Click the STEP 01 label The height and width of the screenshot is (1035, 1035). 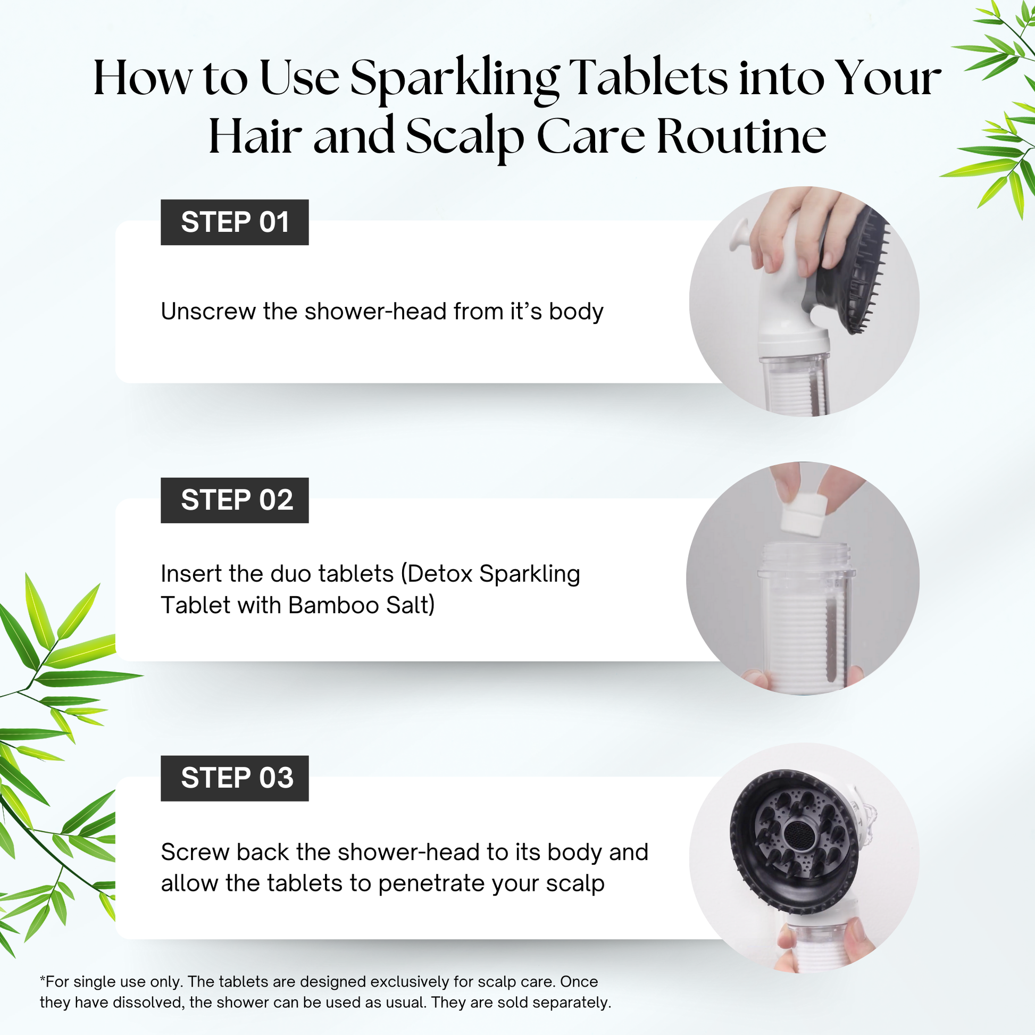point(235,222)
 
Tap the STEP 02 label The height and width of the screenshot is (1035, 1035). point(235,500)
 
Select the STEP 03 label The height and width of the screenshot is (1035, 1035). point(235,779)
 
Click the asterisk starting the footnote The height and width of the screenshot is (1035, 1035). point(43,979)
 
